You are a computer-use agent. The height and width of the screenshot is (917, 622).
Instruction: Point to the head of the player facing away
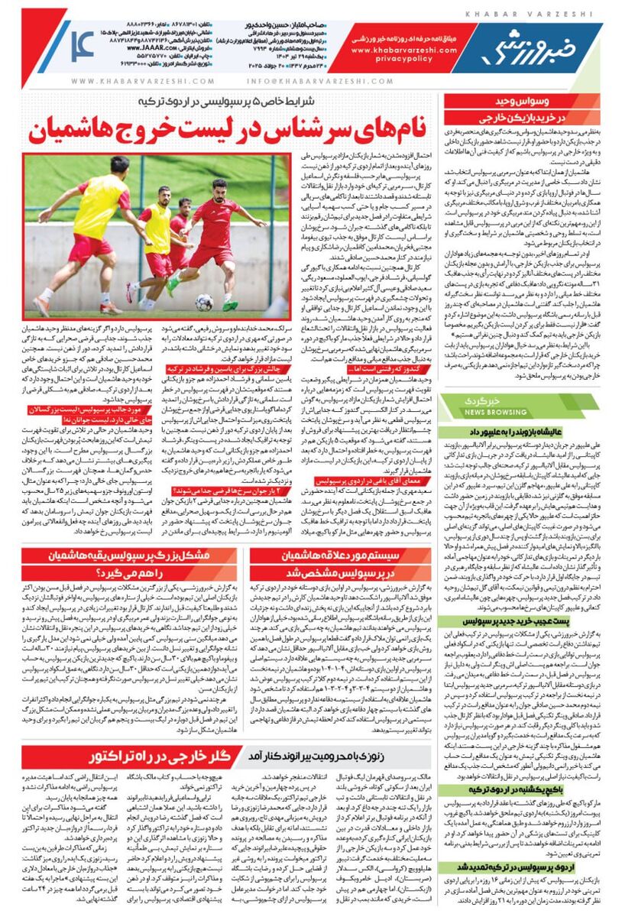(119, 164)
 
